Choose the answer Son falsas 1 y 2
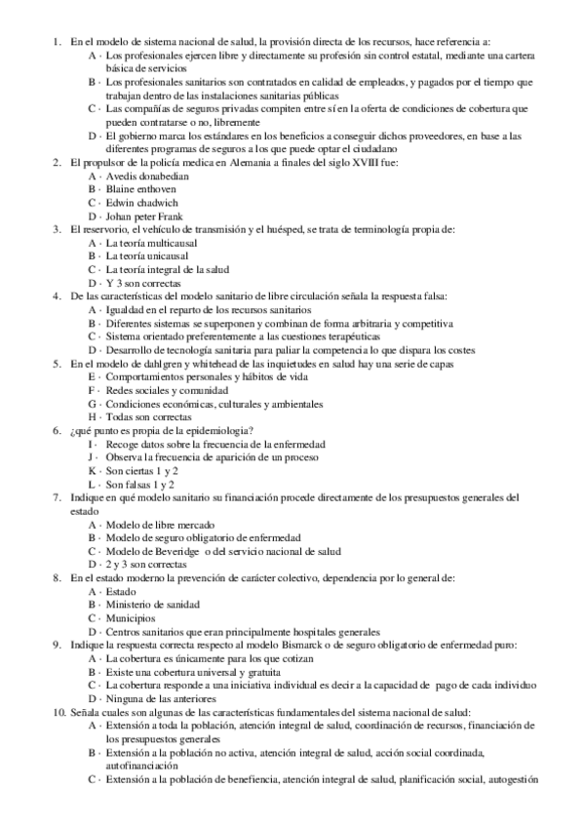click(140, 484)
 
